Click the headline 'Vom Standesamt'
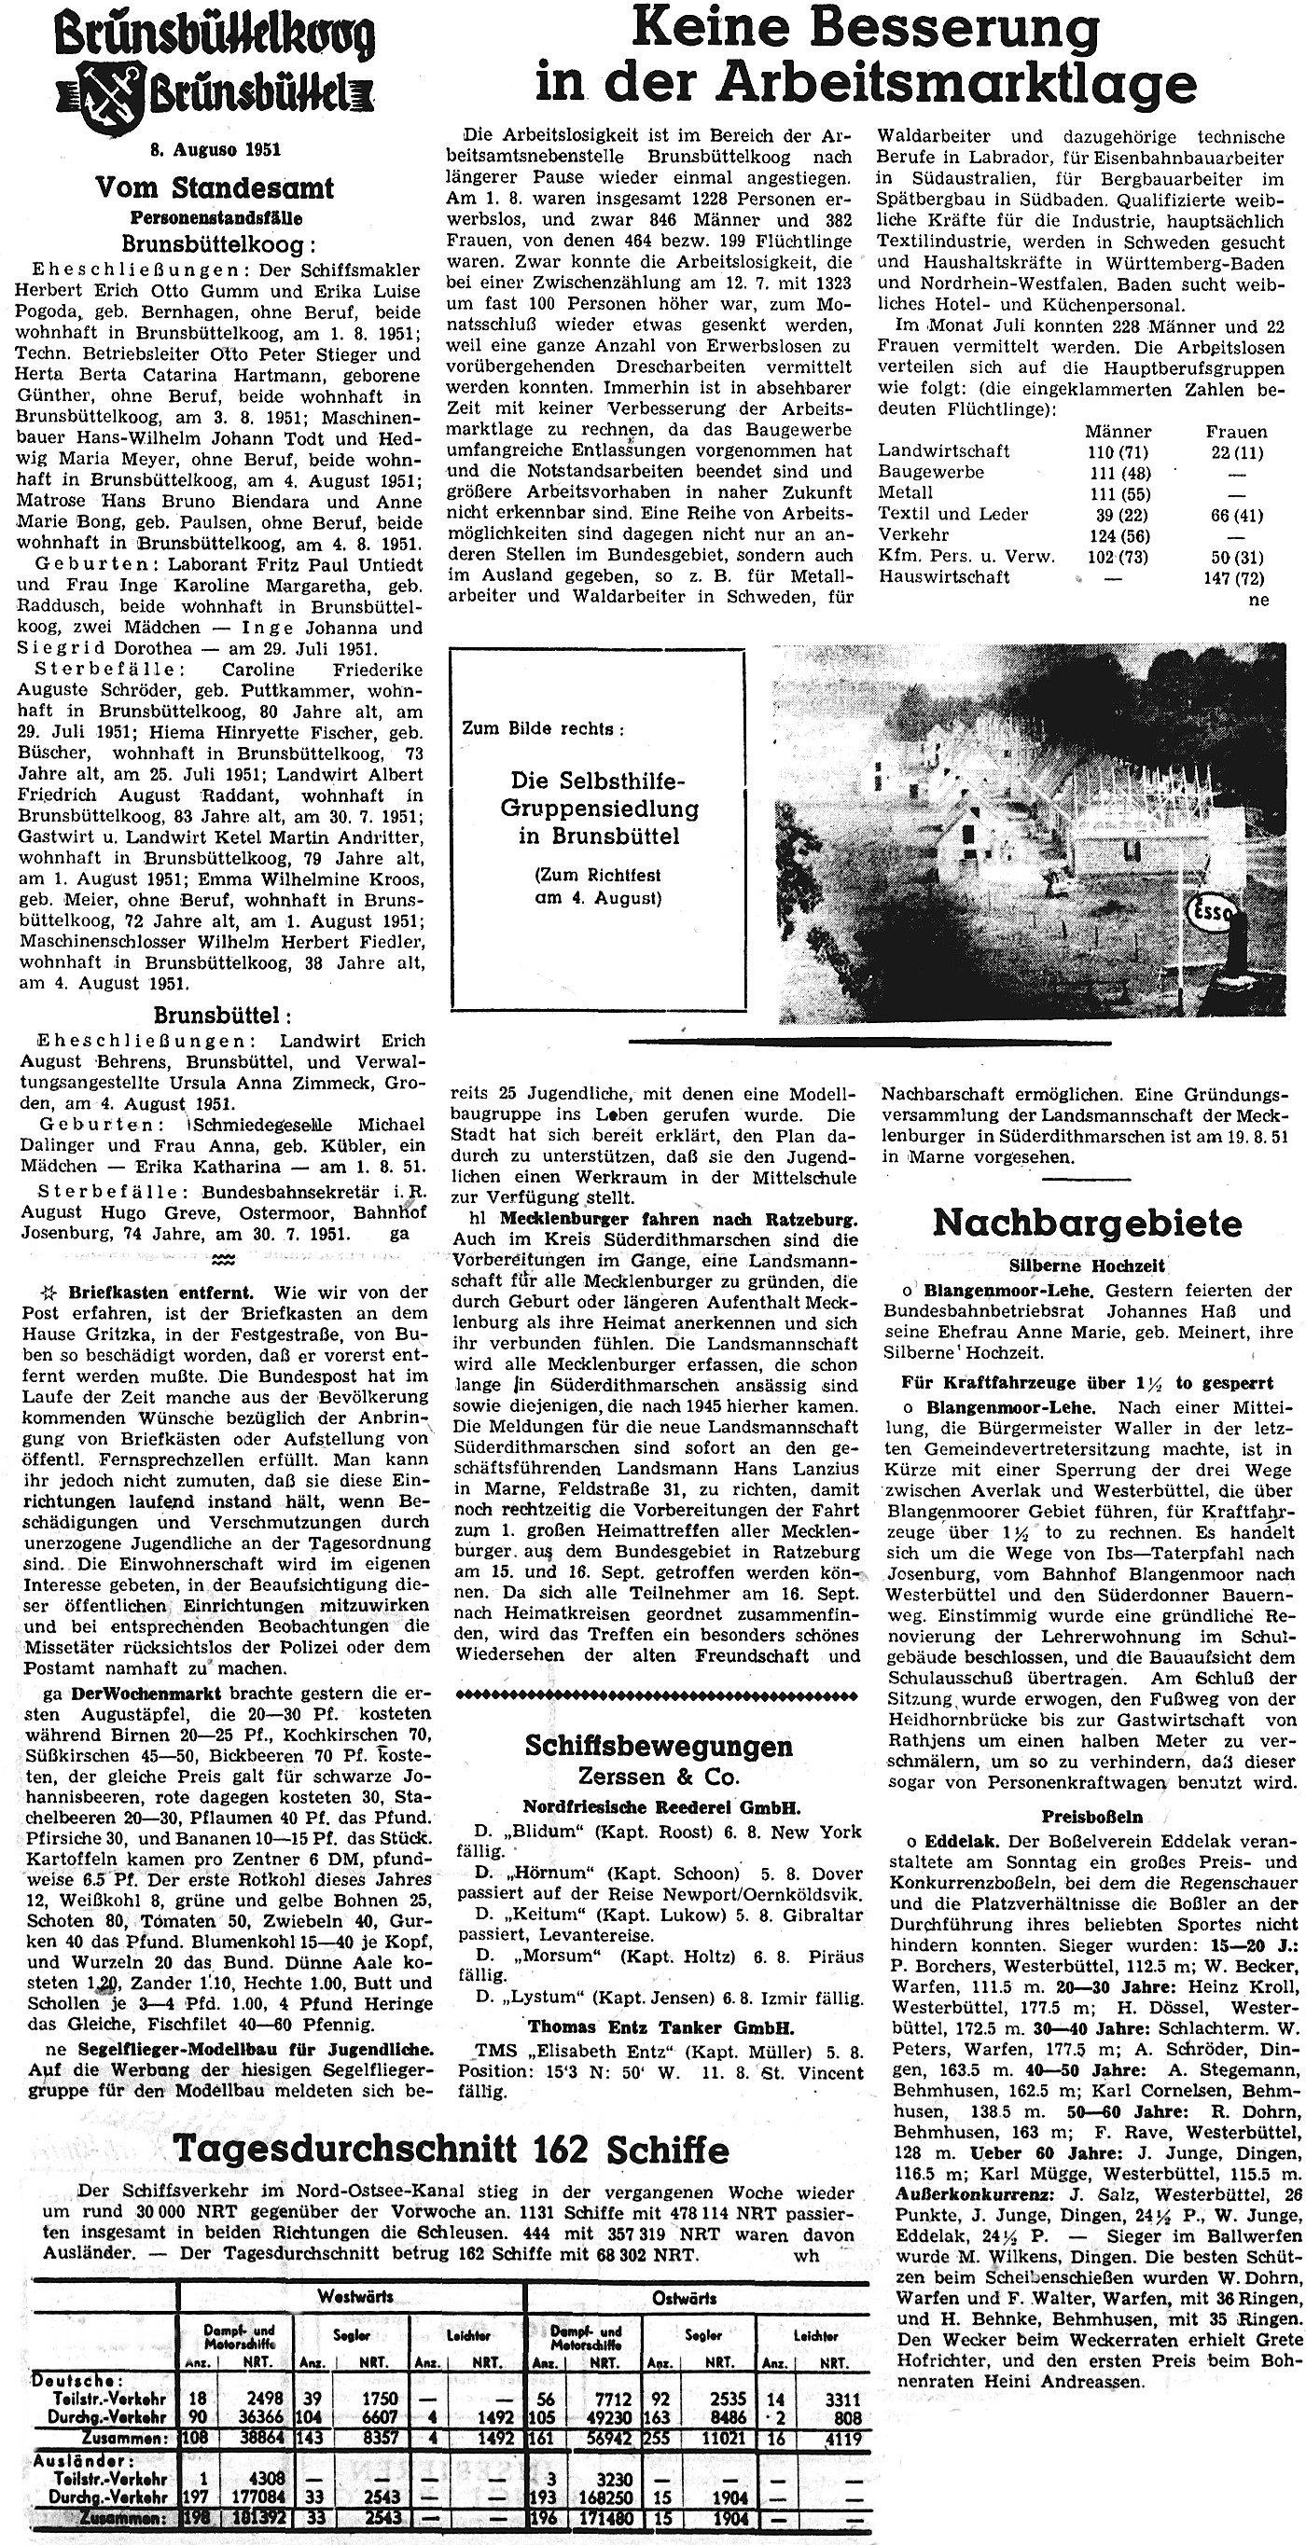pyautogui.click(x=215, y=187)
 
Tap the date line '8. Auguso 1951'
pyautogui.click(x=215, y=150)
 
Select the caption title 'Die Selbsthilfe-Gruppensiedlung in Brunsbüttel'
pyautogui.click(x=599, y=809)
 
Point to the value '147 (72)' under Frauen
pyautogui.click(x=1234, y=577)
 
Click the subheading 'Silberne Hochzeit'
pyautogui.click(x=1087, y=1266)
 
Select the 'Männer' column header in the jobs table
pyautogui.click(x=1118, y=432)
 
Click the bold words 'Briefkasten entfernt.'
pyautogui.click(x=161, y=1293)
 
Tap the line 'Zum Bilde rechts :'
pyautogui.click(x=543, y=729)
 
